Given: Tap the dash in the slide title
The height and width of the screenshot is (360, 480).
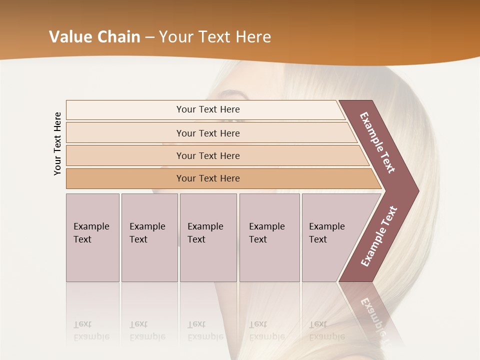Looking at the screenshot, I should point(149,37).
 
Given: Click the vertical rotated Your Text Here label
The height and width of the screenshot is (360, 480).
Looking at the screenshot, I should point(57,143).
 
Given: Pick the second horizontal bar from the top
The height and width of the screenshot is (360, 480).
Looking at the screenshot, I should point(207,133).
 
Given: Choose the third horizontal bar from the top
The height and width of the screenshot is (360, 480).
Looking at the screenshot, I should point(207,155).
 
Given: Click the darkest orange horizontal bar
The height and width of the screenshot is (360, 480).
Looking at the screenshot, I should point(207,178).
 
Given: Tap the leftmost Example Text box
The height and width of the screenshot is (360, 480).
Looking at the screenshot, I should point(92,237).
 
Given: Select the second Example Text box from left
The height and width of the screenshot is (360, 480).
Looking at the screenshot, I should point(149,237).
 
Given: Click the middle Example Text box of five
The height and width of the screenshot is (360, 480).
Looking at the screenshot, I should point(208,237).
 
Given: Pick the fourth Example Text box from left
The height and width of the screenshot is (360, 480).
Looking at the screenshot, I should point(269,237).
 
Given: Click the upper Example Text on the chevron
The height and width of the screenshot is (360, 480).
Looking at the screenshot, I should point(377,142).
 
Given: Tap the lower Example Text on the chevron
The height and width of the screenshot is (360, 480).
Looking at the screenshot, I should point(379,236).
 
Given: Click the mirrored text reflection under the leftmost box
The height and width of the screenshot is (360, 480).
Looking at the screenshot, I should point(91,330).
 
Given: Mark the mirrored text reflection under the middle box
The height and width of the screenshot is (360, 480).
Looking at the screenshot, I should point(205,330).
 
